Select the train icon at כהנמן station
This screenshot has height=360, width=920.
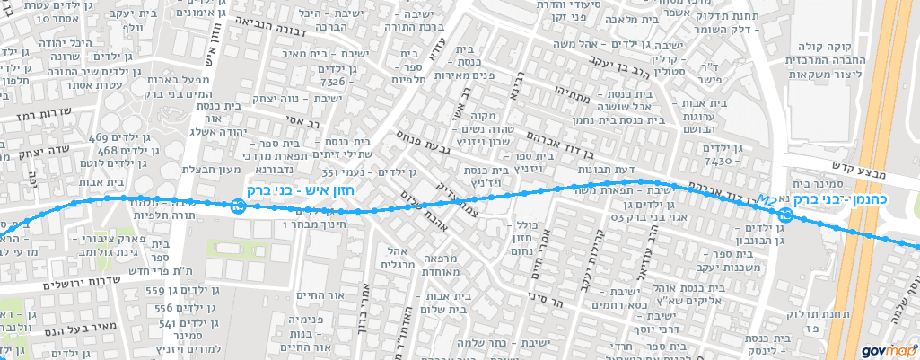coord(784,214)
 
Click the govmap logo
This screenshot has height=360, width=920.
coord(887,351)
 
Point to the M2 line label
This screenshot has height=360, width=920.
coord(767,198)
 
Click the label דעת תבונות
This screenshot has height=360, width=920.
coord(636,170)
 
